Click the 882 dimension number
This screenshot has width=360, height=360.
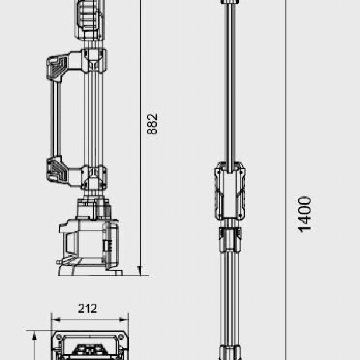click(152, 124)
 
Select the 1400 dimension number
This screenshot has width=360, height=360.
click(305, 214)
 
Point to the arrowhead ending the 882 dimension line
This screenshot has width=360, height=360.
click(141, 271)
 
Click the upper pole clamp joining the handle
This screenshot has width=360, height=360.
click(94, 60)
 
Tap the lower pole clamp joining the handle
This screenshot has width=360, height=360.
click(94, 175)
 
